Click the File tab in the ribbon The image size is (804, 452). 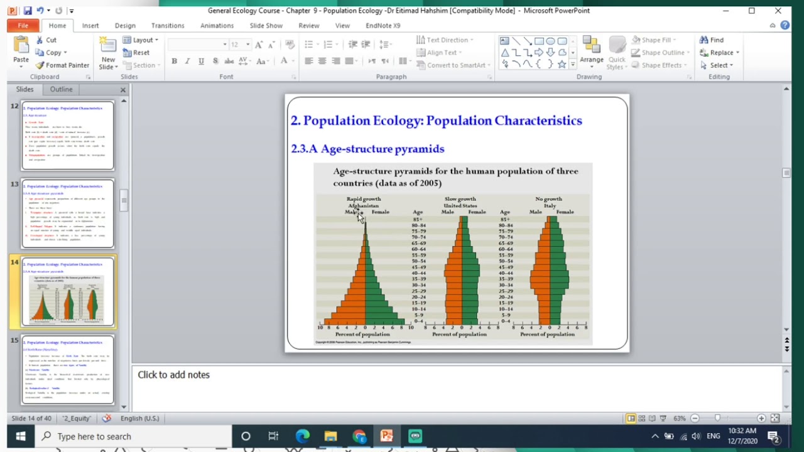(x=23, y=26)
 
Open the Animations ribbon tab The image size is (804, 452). (x=217, y=26)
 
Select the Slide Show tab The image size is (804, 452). (x=266, y=26)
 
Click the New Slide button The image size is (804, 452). (x=107, y=53)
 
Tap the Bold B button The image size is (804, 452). (x=174, y=61)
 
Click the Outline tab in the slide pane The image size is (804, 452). (x=61, y=89)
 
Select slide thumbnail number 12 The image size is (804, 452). (x=68, y=135)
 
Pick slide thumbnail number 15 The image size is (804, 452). (x=68, y=369)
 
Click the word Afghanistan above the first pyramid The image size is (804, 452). (x=364, y=205)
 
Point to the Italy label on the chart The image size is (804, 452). (x=550, y=205)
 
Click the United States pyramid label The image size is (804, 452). (x=460, y=205)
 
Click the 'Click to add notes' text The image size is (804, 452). (x=174, y=375)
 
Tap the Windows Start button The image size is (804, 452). (x=20, y=436)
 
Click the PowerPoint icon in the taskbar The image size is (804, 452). (x=386, y=436)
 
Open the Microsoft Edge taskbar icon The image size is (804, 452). (x=303, y=436)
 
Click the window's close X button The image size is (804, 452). (x=778, y=11)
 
